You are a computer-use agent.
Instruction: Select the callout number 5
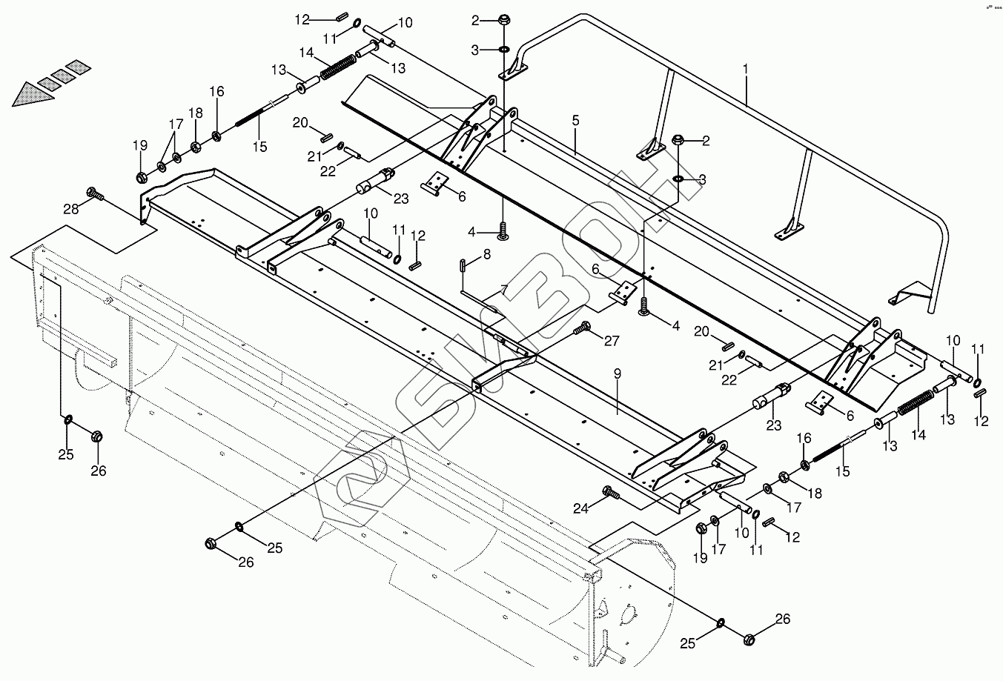[575, 120]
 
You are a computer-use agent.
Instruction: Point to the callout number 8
[486, 255]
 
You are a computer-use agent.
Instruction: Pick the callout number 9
[617, 375]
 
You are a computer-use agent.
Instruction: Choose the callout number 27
[611, 342]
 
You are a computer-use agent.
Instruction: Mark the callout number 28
[70, 209]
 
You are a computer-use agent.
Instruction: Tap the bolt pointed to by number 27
[582, 326]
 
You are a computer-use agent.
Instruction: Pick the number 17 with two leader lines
[175, 123]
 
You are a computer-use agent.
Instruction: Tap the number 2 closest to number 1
[706, 141]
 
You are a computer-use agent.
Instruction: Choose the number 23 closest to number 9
[773, 425]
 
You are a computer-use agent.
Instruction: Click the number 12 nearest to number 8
[418, 236]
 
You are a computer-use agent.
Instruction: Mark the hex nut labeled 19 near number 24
[701, 528]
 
